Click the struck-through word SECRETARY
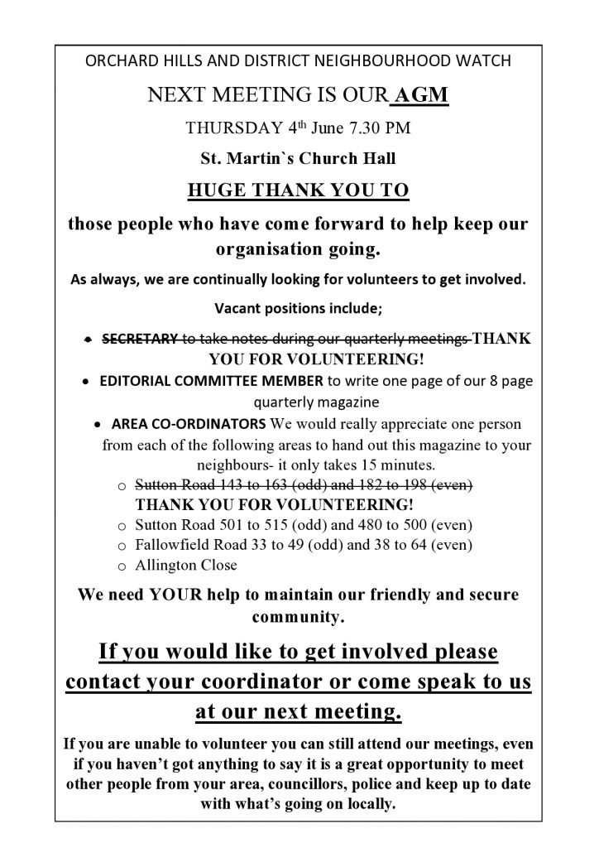pyautogui.click(x=140, y=340)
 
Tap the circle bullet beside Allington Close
pyautogui.click(x=121, y=566)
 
